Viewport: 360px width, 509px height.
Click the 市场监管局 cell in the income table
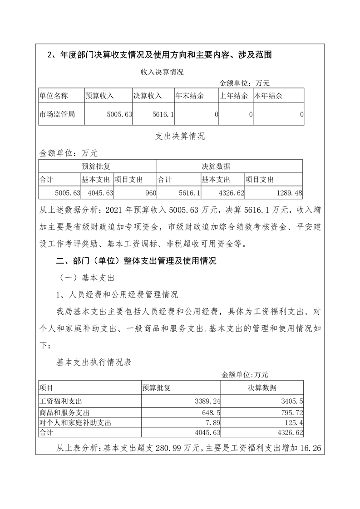click(x=57, y=114)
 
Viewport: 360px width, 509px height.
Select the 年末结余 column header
click(x=189, y=96)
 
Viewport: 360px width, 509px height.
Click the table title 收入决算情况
click(x=162, y=72)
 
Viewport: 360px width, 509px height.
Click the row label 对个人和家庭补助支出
click(x=76, y=423)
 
